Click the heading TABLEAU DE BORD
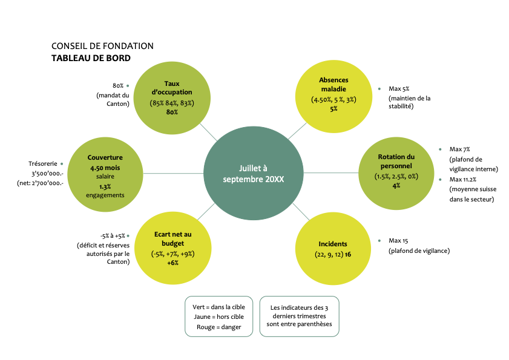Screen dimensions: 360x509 point(91,58)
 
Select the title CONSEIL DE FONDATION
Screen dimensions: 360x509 point(102,46)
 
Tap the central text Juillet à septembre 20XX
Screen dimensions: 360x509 point(253,174)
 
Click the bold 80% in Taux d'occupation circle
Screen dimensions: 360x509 point(172,112)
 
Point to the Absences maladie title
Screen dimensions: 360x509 point(333,85)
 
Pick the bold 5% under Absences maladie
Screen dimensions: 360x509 point(333,109)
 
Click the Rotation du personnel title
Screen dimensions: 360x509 point(396,161)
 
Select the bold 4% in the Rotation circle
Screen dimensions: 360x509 point(396,185)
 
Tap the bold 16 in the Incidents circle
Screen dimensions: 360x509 point(348,254)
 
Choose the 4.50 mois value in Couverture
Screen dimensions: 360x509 point(105,168)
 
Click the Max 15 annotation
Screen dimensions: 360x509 point(400,240)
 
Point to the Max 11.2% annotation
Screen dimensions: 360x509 point(463,179)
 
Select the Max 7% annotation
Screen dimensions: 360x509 point(460,149)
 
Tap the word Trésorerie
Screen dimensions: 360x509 point(43,163)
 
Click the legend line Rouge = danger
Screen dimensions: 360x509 point(218,327)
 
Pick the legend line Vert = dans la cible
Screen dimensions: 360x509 point(218,307)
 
